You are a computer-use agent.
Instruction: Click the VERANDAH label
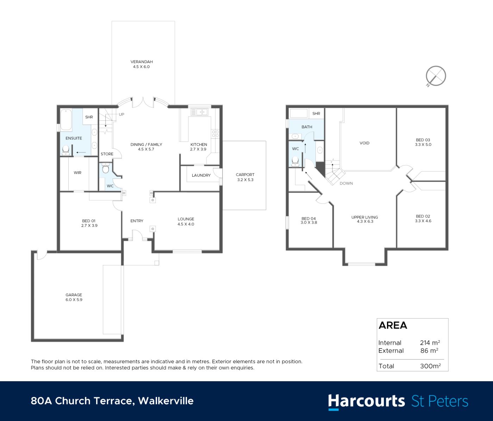(x=142, y=62)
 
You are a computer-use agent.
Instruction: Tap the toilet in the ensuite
(x=65, y=150)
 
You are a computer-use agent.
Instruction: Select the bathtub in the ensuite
(x=66, y=120)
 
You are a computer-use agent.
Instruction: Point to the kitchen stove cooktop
(x=216, y=133)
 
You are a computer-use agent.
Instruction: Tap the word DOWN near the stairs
(x=346, y=183)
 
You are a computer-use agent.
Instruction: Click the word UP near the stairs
(x=121, y=114)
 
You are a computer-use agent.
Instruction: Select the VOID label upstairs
(x=364, y=143)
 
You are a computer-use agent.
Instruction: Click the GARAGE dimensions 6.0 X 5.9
(x=74, y=300)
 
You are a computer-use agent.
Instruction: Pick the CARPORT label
(x=245, y=175)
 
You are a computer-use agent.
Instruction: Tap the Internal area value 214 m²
(x=430, y=343)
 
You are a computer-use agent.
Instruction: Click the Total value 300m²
(x=430, y=366)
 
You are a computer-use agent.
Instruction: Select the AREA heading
(x=393, y=325)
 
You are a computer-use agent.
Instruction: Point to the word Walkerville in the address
(x=166, y=401)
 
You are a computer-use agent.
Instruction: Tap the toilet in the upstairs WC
(x=295, y=161)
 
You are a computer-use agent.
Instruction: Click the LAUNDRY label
(x=201, y=175)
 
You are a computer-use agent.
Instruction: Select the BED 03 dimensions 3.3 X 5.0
(x=423, y=144)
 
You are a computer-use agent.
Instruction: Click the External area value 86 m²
(x=429, y=351)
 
